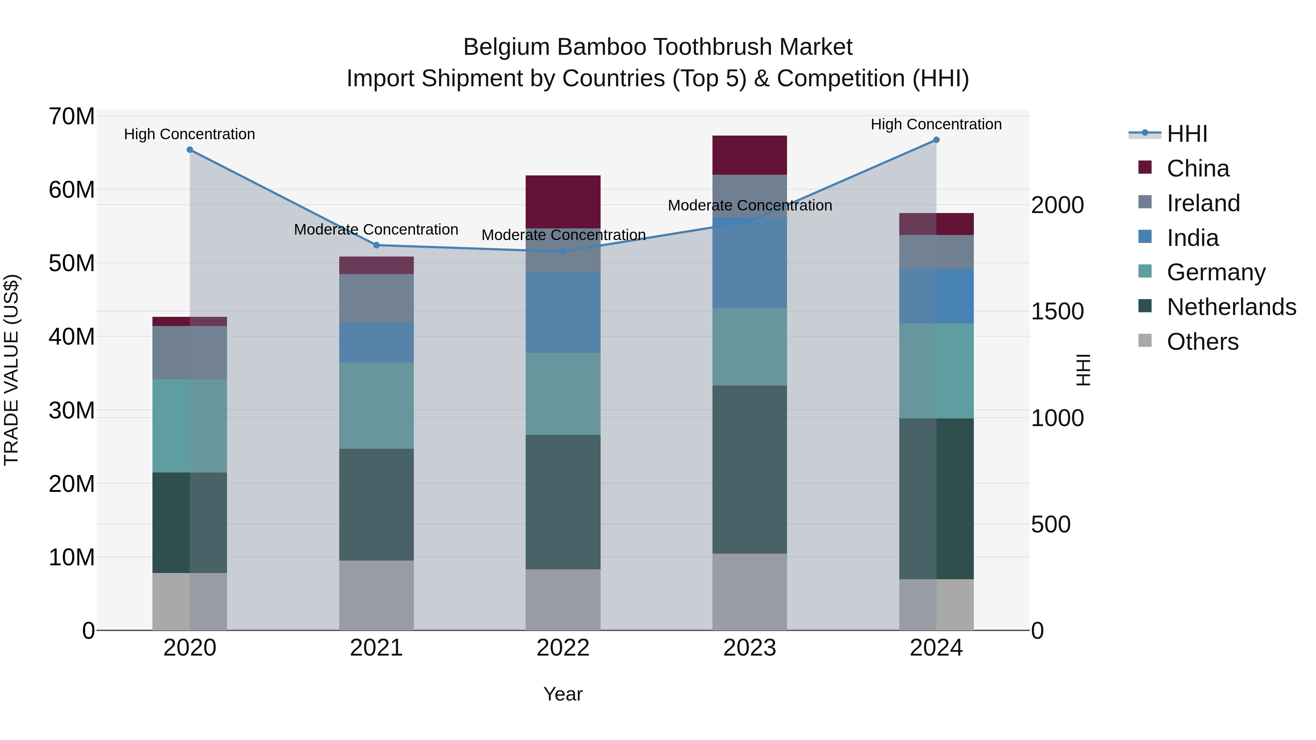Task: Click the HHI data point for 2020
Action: tap(189, 149)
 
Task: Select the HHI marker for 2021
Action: tap(377, 245)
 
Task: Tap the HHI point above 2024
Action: tap(936, 140)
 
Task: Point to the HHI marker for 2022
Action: tap(563, 252)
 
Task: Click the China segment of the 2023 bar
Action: tap(749, 155)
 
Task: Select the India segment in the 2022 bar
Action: tap(563, 312)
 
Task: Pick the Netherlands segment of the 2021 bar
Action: tap(377, 505)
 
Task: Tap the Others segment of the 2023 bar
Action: tap(749, 592)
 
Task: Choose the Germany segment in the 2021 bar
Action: tap(377, 406)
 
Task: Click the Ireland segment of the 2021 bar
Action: tap(377, 298)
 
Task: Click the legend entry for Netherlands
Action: tap(1231, 307)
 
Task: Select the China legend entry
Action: tap(1198, 168)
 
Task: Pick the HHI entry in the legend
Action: tap(1187, 134)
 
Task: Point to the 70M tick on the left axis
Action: tap(72, 117)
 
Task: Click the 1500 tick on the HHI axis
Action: tap(1057, 311)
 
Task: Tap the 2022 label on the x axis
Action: tap(563, 648)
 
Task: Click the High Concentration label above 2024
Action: tap(936, 124)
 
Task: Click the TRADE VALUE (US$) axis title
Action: tap(12, 370)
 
